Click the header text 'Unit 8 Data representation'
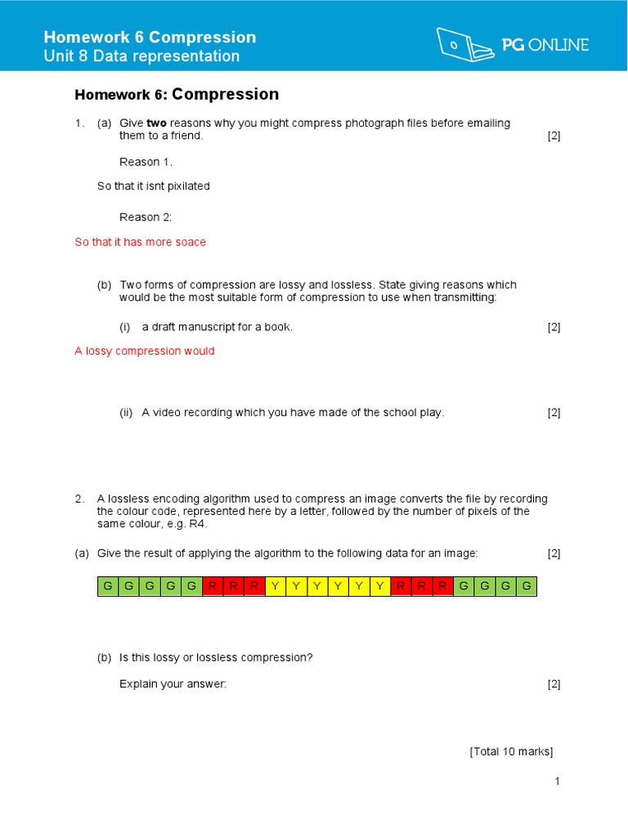point(141,56)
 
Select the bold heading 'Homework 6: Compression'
point(177,95)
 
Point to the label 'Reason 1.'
point(146,162)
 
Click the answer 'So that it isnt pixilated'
point(154,186)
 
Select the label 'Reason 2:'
point(146,217)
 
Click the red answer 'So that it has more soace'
point(140,242)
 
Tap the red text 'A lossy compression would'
point(145,351)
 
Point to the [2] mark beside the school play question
point(554,413)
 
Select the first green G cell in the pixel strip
point(108,586)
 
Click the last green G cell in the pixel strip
point(527,586)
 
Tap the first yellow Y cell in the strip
point(276,586)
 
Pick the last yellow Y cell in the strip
point(380,586)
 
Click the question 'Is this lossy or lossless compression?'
point(216,657)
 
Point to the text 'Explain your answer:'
point(173,684)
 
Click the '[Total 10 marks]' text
point(511,751)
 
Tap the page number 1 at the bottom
point(557,781)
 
